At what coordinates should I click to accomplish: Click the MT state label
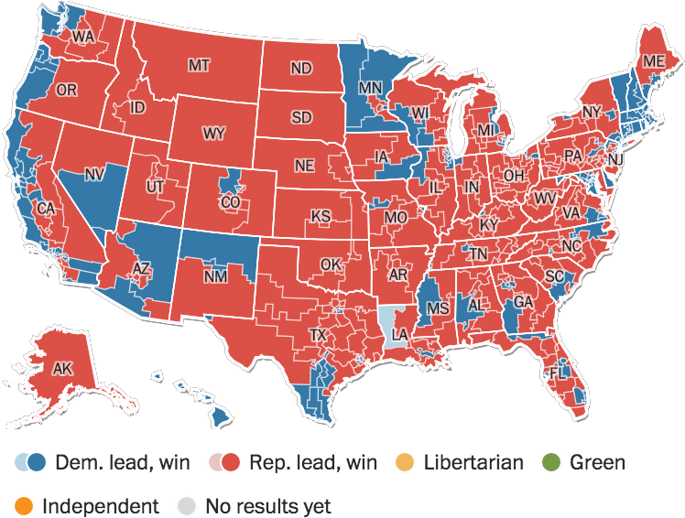point(199,66)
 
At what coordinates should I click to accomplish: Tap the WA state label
point(83,37)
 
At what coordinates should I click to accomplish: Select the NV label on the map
point(94,174)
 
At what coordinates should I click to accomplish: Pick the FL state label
point(558,373)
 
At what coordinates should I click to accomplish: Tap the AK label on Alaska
point(62,370)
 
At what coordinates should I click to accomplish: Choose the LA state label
point(399,336)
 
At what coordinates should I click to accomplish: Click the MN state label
point(369,89)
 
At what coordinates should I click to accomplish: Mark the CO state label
point(231,201)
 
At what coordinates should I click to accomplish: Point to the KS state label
point(321,216)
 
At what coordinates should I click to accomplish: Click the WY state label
point(213,134)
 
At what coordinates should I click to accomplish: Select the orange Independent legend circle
point(25,505)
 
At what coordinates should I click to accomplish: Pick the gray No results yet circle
point(188,505)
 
